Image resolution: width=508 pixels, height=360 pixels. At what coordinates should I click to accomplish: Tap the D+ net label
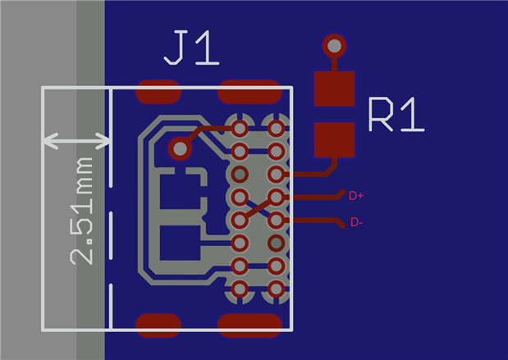(356, 195)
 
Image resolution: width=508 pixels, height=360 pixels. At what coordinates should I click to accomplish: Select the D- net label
(357, 222)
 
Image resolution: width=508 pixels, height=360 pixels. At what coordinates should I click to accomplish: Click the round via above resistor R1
(334, 44)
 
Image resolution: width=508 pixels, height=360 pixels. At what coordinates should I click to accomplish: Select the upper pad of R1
(334, 89)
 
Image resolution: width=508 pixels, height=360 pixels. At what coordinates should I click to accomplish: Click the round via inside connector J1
(179, 148)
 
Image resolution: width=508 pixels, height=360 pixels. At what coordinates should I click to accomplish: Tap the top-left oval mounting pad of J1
(158, 92)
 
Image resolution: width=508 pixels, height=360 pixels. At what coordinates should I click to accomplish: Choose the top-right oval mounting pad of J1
(250, 92)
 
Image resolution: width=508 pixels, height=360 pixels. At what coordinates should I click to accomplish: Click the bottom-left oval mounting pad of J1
(158, 325)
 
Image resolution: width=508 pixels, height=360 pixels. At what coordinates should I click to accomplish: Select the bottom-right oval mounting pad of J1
(250, 325)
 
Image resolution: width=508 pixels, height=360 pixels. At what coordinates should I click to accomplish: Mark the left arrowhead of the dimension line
(48, 141)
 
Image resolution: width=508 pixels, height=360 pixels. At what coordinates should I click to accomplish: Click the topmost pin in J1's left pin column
(240, 128)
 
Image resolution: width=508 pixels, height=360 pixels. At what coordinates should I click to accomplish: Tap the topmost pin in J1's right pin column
(277, 128)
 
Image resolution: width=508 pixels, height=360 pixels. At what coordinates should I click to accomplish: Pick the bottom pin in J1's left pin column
(240, 289)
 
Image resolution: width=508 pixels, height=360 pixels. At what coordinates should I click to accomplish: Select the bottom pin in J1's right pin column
(277, 289)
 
